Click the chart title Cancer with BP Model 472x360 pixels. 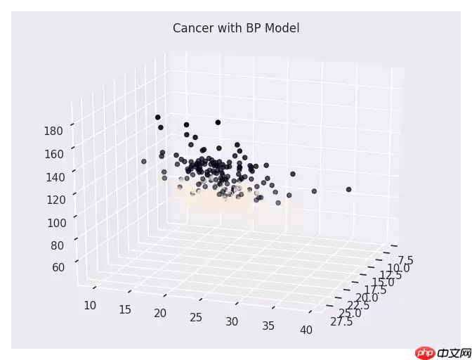click(x=236, y=28)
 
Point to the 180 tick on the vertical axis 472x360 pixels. click(x=54, y=131)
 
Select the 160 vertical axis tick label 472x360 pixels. click(x=54, y=154)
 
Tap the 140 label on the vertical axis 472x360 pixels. click(x=54, y=177)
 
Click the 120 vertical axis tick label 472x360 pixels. click(x=54, y=200)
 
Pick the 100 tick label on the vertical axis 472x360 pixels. click(x=54, y=223)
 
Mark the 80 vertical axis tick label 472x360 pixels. click(x=57, y=245)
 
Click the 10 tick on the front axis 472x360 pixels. click(x=91, y=304)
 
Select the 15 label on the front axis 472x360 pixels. click(x=126, y=309)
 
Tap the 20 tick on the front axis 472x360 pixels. click(x=160, y=313)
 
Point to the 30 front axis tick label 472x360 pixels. click(x=232, y=321)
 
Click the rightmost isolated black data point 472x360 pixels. click(x=348, y=189)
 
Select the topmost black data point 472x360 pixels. click(x=157, y=117)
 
